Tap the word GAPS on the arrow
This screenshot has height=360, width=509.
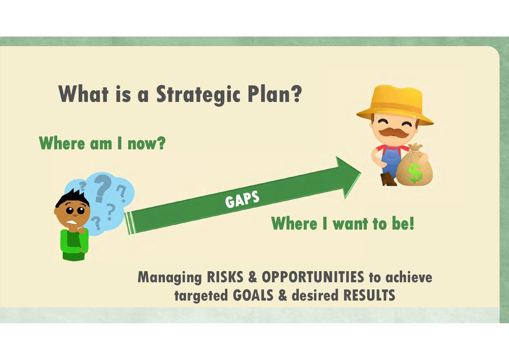click(243, 199)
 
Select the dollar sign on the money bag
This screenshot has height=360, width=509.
click(415, 173)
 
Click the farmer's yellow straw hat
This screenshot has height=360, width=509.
click(395, 104)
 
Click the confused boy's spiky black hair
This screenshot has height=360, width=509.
click(73, 197)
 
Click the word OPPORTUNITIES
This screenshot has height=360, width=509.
click(313, 277)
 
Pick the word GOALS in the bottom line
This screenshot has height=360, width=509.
click(253, 295)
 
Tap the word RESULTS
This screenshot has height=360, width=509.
click(369, 295)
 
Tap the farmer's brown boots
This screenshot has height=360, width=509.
click(389, 180)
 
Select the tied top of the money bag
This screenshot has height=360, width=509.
click(415, 148)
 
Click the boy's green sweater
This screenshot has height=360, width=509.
click(74, 244)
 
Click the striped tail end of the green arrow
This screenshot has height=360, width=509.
click(129, 223)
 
